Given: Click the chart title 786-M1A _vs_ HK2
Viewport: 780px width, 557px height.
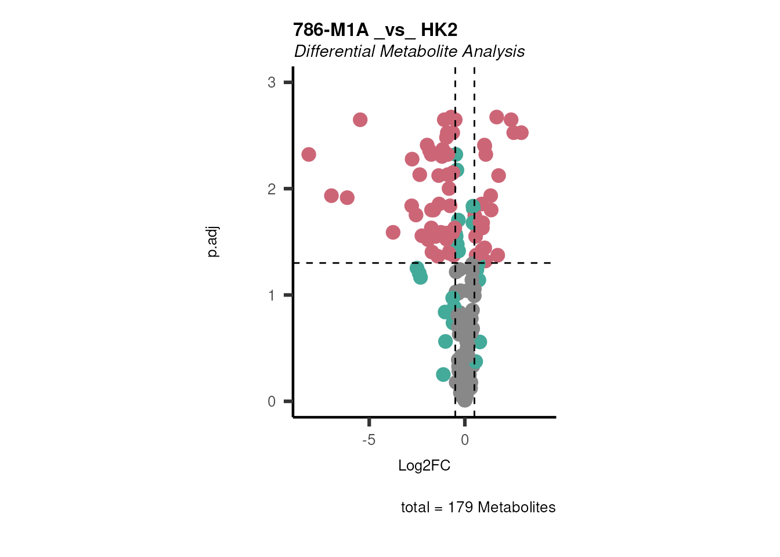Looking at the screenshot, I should tap(375, 30).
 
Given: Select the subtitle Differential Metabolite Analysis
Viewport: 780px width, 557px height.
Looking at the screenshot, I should tap(409, 52).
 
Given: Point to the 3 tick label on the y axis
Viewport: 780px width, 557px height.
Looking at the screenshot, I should tap(272, 82).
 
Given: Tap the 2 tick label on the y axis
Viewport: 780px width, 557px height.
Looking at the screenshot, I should tap(272, 189).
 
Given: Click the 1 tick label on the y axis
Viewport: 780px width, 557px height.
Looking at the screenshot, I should tap(272, 295).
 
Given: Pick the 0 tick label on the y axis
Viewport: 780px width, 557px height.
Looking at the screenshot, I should tap(272, 402).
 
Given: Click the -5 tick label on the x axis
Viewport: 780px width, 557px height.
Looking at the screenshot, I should tap(369, 440).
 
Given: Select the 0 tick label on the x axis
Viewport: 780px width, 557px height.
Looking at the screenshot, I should tap(465, 440).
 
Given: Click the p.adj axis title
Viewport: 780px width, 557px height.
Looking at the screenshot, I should tap(213, 242).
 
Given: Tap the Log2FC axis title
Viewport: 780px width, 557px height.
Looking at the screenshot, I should tap(424, 465).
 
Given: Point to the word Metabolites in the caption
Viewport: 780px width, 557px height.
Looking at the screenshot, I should tap(517, 508).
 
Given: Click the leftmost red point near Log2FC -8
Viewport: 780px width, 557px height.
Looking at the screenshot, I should tap(309, 154).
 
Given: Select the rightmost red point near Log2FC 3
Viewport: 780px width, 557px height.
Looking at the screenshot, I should tap(521, 133).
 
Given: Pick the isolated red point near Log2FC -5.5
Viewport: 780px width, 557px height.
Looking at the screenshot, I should tap(360, 120).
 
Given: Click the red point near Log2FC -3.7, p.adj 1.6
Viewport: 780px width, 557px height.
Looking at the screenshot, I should tap(393, 232).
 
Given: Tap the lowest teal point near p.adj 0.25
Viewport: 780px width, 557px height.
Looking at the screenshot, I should tap(443, 375).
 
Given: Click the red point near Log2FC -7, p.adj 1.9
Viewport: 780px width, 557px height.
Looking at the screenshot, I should tap(331, 196).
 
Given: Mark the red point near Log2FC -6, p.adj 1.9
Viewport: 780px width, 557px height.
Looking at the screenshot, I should tap(347, 198).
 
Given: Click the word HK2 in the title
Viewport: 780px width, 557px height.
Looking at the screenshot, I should tap(439, 30).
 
